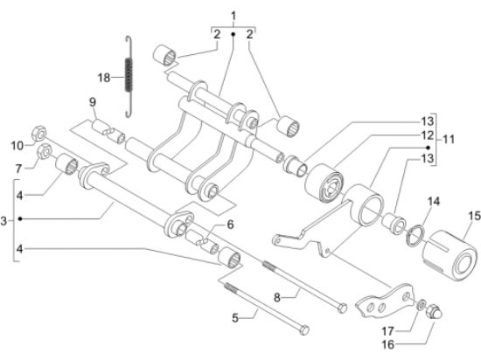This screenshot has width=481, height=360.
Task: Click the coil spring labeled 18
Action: pos(129,77)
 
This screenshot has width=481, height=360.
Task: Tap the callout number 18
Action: pos(104,78)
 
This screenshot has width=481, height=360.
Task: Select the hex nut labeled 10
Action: pos(39,133)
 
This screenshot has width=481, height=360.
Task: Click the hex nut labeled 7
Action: pos(45,151)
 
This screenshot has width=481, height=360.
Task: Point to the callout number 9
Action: pos(93,102)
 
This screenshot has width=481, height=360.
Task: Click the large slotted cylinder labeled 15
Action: pos(450,256)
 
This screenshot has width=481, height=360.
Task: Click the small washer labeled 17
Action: pos(422,304)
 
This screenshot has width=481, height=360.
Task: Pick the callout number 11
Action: pos(449,140)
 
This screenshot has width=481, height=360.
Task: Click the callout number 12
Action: pos(428,135)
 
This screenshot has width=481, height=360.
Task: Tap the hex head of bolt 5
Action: pos(304,330)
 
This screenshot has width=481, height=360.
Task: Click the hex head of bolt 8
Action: pos(342,308)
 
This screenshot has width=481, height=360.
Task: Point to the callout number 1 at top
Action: pos(234,16)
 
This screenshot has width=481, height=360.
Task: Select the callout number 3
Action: pos(3,220)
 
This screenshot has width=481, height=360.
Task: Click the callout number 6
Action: pos(230,225)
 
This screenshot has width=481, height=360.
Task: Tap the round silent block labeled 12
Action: pos(324,183)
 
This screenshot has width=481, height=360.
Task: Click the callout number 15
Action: pos(474,216)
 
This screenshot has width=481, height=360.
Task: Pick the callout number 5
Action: pos(235,318)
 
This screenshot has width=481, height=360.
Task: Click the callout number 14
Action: pos(434,201)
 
